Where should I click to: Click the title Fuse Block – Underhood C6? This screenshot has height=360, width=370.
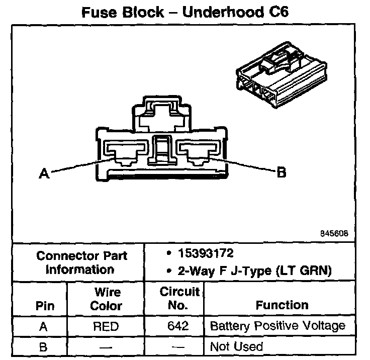pos(184,12)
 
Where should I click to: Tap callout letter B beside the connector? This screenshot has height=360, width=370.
pos(282,172)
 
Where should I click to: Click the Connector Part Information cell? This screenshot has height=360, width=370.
pos(82,262)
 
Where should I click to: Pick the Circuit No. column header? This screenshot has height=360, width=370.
pos(179,298)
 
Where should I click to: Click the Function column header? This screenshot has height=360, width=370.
pos(282,305)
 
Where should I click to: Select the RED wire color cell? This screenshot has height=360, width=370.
pos(106,326)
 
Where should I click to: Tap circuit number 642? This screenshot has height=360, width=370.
pos(178,326)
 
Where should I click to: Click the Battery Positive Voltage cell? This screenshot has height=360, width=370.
pos(277,326)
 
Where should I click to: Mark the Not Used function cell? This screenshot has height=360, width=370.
pos(236,346)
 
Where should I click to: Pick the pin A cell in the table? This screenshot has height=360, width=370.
pos(44,326)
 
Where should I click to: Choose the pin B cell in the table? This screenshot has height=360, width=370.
pos(44,346)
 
